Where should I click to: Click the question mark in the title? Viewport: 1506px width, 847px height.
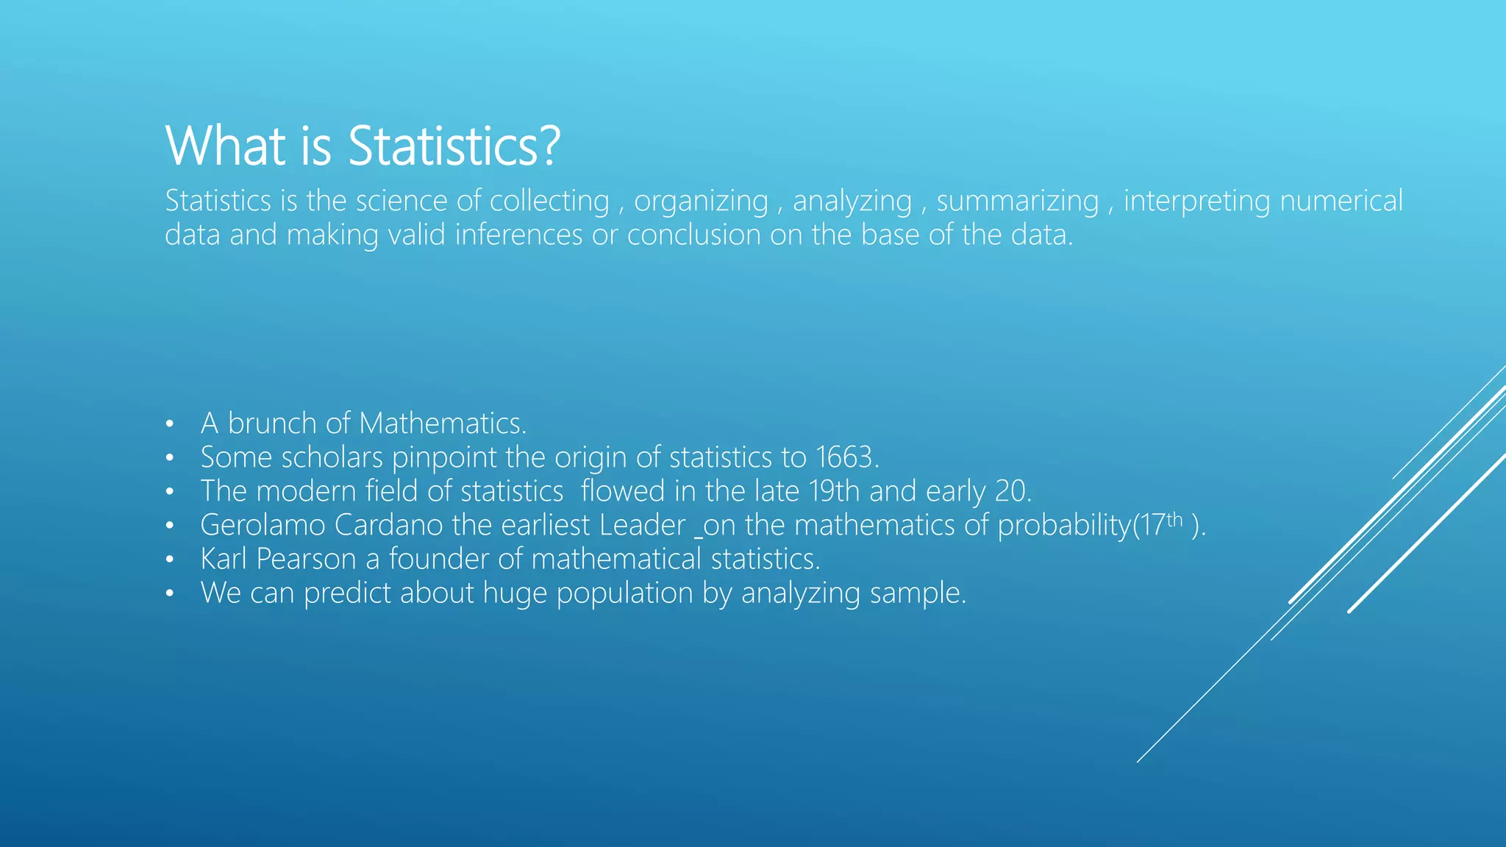point(549,146)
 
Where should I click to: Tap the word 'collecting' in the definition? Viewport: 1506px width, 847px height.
point(549,201)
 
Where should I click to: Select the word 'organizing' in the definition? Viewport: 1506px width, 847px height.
point(701,201)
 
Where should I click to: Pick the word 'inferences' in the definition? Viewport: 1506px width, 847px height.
point(518,235)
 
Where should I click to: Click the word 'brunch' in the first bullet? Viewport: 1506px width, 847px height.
point(272,423)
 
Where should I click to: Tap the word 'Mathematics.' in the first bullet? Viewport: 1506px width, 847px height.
point(443,423)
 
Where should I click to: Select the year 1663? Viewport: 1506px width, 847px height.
point(847,457)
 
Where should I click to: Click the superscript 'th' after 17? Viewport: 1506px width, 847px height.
point(1174,519)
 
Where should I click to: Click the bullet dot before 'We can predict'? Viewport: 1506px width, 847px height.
point(170,593)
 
